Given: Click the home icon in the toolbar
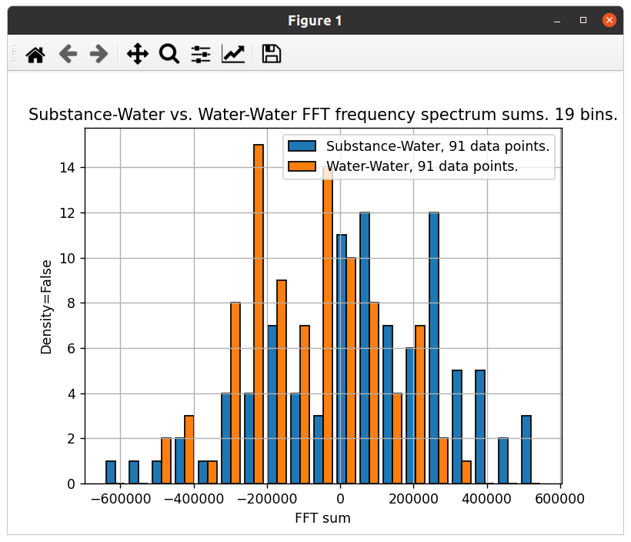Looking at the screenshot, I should tap(35, 54).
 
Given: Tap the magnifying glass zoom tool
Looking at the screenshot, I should tap(169, 54).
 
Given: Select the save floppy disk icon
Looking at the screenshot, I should tap(271, 54).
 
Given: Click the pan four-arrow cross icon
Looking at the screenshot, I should tap(137, 54).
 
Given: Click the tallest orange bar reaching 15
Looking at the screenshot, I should tap(259, 314).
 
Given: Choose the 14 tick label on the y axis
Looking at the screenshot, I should tap(68, 168).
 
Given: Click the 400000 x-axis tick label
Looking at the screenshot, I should tap(487, 499).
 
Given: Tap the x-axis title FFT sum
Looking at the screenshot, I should tap(322, 518).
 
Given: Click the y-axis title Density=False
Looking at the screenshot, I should tap(46, 306).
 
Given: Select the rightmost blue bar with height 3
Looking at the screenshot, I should tap(526, 450).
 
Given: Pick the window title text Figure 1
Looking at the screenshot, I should tap(315, 21).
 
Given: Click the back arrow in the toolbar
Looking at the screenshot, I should tap(68, 54).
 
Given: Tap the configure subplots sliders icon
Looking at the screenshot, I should tap(201, 54).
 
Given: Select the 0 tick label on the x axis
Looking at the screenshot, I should tap(339, 499).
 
